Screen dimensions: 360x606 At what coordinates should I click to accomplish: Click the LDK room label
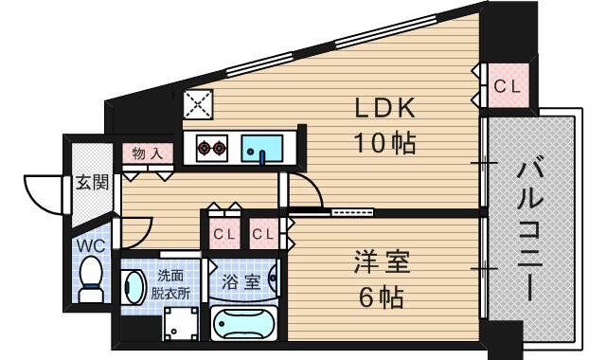pyautogui.click(x=385, y=109)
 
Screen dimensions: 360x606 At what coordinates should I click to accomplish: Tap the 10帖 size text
pyautogui.click(x=385, y=143)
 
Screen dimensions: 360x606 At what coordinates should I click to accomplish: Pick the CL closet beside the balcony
pyautogui.click(x=508, y=86)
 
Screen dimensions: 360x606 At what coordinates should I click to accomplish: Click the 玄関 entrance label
pyautogui.click(x=92, y=182)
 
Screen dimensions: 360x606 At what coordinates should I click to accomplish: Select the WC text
pyautogui.click(x=90, y=244)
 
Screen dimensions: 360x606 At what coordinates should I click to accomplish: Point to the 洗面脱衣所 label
pyautogui.click(x=171, y=283)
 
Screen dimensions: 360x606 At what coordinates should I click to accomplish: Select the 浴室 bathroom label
pyautogui.click(x=241, y=282)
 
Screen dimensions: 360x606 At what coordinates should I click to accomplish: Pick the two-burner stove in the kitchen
pyautogui.click(x=212, y=148)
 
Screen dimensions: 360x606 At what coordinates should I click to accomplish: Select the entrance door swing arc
pyautogui.click(x=43, y=194)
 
